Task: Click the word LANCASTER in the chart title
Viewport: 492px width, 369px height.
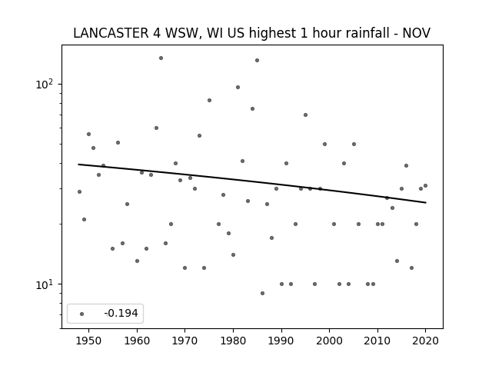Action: (111, 33)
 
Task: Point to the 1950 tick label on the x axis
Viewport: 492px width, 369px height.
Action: (88, 341)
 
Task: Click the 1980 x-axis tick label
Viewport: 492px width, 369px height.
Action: (233, 341)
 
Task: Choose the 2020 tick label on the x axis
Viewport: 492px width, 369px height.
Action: (425, 341)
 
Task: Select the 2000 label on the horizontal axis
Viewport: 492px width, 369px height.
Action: (329, 341)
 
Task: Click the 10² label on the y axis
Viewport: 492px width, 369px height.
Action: (46, 84)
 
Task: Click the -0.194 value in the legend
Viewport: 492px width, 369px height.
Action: (121, 313)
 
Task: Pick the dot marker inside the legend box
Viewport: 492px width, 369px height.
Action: (82, 314)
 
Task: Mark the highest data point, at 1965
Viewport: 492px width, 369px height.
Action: (161, 58)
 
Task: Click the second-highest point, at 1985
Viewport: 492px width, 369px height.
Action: (257, 60)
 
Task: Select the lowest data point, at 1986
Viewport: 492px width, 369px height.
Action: (262, 294)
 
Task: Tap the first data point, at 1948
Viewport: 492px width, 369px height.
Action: (79, 191)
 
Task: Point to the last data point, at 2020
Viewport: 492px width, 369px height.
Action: (425, 186)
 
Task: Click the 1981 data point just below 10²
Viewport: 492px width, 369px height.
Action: (238, 87)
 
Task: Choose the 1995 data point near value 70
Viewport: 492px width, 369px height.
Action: (305, 115)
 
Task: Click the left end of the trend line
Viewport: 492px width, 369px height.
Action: (78, 164)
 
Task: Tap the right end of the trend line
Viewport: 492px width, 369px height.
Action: (426, 203)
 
